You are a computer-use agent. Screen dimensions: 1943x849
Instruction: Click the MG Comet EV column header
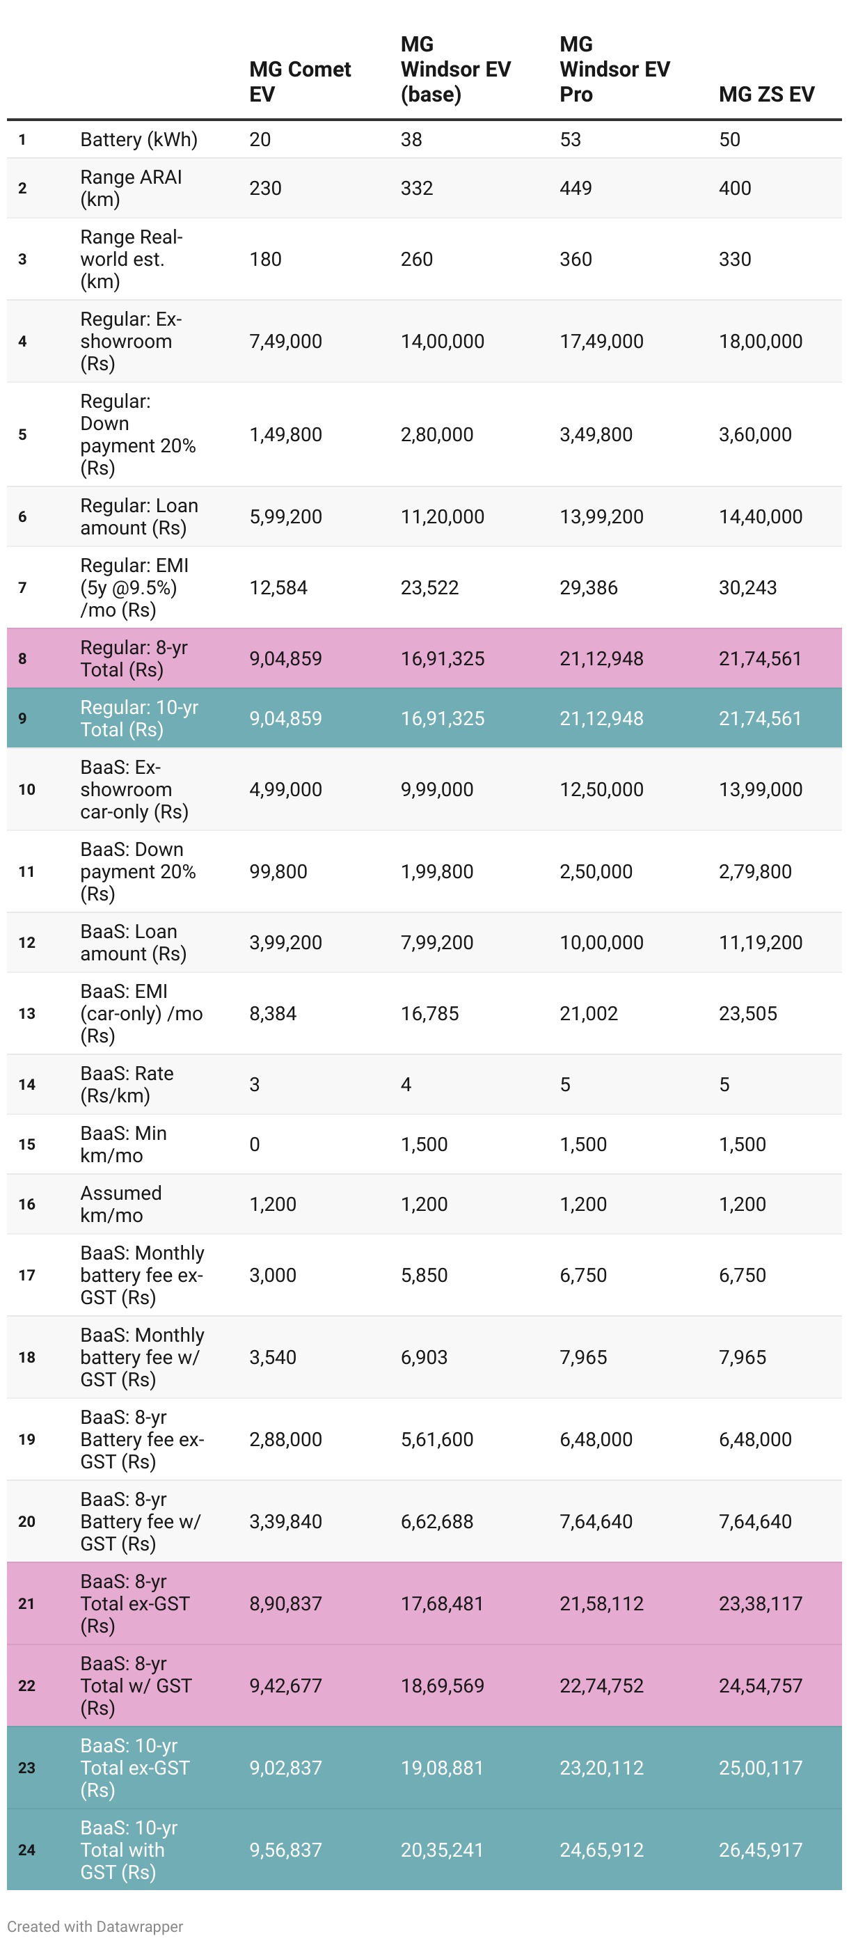click(299, 81)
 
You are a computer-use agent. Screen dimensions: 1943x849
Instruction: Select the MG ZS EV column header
click(766, 94)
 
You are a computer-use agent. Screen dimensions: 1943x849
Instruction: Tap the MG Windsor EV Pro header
click(614, 70)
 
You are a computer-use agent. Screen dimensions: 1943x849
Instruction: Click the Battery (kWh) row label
click(138, 140)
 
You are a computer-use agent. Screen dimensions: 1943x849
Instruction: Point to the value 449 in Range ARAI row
click(576, 188)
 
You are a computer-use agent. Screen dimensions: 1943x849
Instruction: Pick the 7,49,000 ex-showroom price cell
click(285, 341)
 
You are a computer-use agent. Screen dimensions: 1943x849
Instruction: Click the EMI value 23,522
click(429, 587)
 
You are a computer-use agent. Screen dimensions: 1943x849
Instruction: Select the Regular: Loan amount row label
click(138, 516)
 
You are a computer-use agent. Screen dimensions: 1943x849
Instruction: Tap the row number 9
click(23, 718)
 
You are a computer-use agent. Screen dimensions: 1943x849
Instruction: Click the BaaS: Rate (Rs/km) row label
click(127, 1084)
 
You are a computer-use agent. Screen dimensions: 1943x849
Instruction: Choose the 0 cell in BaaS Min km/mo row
click(255, 1144)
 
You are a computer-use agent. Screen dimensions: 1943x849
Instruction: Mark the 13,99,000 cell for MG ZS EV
click(760, 789)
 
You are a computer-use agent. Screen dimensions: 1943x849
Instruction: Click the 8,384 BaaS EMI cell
click(272, 1013)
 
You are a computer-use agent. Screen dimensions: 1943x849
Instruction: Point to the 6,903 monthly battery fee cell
click(424, 1357)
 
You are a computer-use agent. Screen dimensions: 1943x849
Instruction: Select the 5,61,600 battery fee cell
click(436, 1439)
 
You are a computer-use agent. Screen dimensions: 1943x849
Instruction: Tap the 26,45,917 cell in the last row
click(760, 1850)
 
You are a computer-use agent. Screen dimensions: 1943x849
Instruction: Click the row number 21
click(26, 1603)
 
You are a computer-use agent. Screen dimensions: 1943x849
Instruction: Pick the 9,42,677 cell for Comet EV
click(285, 1686)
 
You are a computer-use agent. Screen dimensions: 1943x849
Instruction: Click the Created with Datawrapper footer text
click(95, 1926)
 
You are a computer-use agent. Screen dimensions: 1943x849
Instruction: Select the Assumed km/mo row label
click(120, 1204)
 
